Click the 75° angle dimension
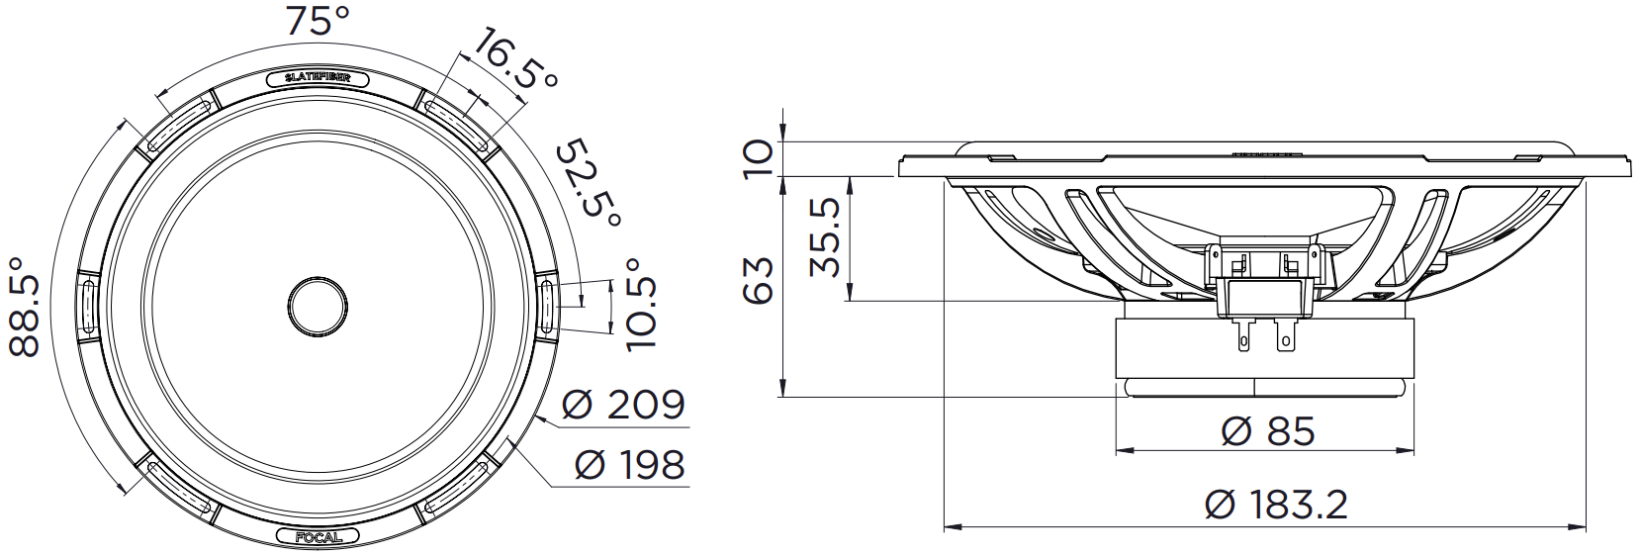coord(315,22)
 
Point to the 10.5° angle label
coord(641,304)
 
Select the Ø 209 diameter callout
coord(622,405)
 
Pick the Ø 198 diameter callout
coord(629,465)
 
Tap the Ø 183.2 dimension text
coord(1276,506)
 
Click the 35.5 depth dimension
coord(825,237)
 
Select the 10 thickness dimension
coord(759,158)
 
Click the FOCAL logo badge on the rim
coord(318,537)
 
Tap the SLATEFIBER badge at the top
coord(317,78)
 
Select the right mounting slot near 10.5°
coord(549,306)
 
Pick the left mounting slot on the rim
coord(86,307)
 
